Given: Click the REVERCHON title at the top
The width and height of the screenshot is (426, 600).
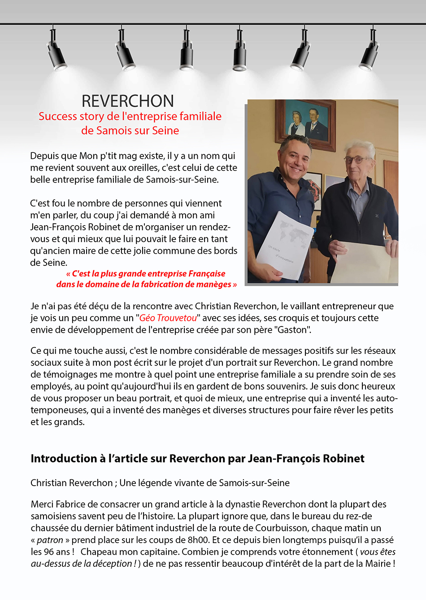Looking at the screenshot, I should click(x=128, y=101).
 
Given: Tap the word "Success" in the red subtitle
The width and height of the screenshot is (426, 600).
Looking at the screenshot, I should click(x=57, y=117).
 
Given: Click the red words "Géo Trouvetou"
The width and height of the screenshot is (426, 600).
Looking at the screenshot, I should click(x=168, y=318).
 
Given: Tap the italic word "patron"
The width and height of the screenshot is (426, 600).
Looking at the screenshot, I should click(x=50, y=540).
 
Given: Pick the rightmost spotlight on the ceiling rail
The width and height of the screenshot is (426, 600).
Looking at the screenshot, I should click(x=369, y=52).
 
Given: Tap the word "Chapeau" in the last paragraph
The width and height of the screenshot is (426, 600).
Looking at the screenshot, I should click(x=98, y=552).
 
